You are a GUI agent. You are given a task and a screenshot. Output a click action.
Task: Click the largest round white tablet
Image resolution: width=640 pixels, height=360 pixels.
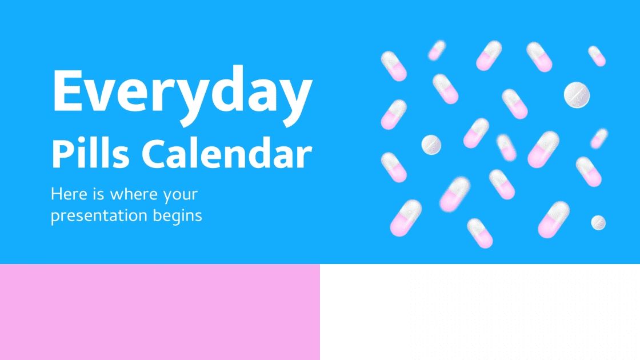pos(577,95)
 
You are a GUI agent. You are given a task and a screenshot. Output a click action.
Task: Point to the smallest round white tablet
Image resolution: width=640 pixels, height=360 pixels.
pos(598,222)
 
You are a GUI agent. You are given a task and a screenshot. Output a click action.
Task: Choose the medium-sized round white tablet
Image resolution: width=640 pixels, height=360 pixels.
pos(431,145)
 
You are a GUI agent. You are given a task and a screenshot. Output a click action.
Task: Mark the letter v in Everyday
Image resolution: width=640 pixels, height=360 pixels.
pos(111,95)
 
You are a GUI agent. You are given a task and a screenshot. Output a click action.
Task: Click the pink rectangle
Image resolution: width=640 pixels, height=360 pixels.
pos(159,312)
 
